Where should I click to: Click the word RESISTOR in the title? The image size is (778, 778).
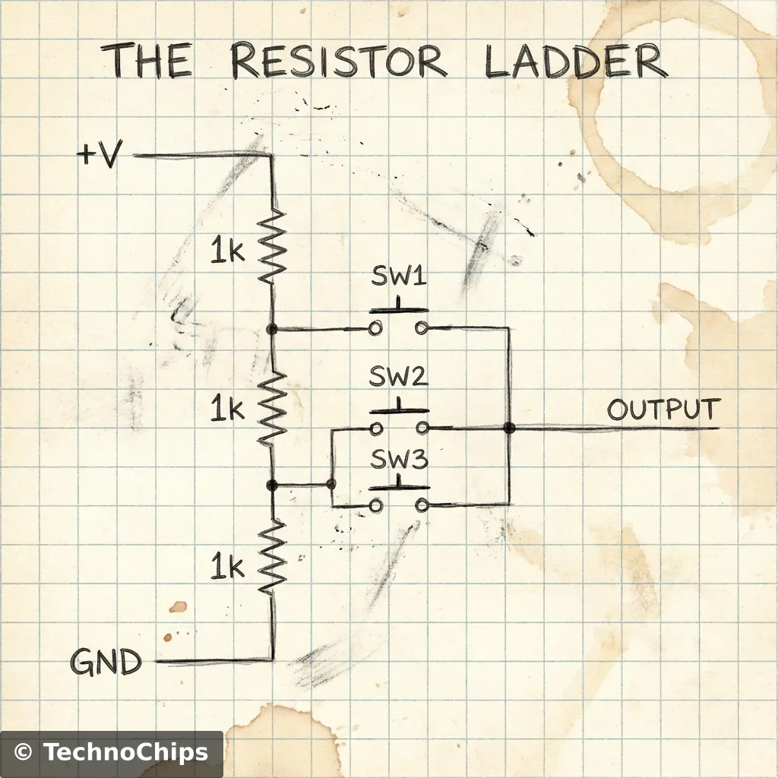(x=338, y=62)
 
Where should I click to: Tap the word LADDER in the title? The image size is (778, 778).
(x=576, y=62)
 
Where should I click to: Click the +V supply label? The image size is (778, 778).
(x=99, y=156)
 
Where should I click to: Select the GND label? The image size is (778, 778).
(x=106, y=663)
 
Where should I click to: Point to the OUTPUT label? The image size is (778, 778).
(x=662, y=410)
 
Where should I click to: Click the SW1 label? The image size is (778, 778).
(x=399, y=277)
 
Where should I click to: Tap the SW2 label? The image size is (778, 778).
(x=399, y=377)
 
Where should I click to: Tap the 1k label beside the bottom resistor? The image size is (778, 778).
(x=227, y=566)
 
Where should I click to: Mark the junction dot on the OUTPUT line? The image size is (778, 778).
(x=509, y=429)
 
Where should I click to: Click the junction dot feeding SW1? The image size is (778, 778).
(x=272, y=329)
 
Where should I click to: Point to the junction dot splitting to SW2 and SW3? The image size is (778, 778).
(x=330, y=484)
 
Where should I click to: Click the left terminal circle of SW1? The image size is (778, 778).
(x=375, y=329)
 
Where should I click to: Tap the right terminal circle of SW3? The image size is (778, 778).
(x=422, y=505)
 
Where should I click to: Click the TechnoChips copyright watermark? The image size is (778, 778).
(x=112, y=753)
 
